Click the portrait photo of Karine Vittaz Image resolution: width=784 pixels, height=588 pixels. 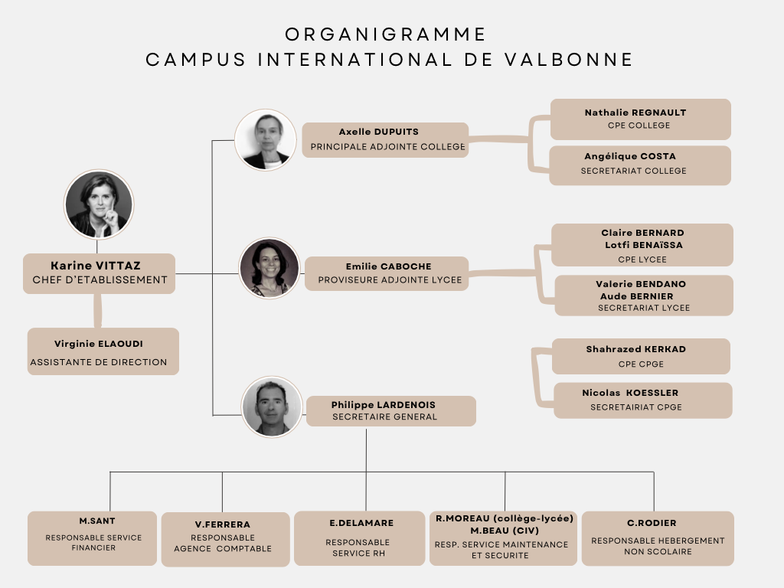[99, 204]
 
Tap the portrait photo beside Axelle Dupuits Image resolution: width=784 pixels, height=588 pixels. [266, 140]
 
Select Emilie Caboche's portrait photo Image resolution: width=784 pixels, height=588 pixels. [269, 269]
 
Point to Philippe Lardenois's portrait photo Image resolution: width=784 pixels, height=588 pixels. [272, 407]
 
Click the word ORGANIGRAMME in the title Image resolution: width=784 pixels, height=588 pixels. [386, 34]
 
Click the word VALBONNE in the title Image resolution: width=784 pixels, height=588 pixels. [569, 60]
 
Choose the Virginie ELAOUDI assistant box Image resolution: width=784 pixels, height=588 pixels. [103, 351]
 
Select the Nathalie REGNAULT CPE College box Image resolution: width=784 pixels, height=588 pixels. [641, 119]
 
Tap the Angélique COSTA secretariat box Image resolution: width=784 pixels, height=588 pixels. [640, 165]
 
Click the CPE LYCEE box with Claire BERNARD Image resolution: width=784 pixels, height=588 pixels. [642, 245]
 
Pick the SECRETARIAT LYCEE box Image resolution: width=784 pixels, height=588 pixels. [644, 296]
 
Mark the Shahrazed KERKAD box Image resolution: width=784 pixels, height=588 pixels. [641, 357]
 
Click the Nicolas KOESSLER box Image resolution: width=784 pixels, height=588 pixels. [643, 400]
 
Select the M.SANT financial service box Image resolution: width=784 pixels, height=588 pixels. [92, 538]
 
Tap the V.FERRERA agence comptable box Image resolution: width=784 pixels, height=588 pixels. [226, 540]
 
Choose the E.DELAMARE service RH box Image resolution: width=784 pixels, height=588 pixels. [360, 538]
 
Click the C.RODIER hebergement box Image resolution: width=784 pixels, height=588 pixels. [658, 538]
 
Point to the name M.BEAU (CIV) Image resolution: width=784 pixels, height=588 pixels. [505, 531]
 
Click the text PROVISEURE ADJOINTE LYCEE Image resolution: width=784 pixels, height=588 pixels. [390, 280]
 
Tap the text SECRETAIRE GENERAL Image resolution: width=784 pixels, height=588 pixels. [384, 417]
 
